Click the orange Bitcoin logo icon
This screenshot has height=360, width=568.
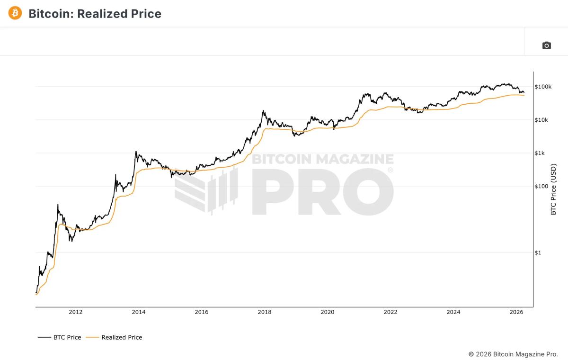click(x=15, y=13)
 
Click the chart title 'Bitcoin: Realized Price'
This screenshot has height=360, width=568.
click(x=95, y=14)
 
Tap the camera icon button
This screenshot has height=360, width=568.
click(x=546, y=45)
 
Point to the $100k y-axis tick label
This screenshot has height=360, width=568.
click(x=543, y=87)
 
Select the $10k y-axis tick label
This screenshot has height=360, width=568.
click(x=541, y=120)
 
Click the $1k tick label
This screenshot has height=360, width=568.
click(x=540, y=153)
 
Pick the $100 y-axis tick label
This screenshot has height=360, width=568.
click(x=541, y=186)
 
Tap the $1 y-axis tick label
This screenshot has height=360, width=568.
click(x=538, y=252)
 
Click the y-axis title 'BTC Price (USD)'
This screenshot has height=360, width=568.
click(x=553, y=189)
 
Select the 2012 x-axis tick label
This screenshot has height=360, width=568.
click(x=76, y=312)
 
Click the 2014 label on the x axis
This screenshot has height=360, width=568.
click(x=139, y=312)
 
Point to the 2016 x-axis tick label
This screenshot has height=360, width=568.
click(x=202, y=312)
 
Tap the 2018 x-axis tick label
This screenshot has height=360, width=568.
click(x=265, y=312)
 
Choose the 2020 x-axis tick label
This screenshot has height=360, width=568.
click(x=328, y=312)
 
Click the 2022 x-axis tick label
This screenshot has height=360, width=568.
click(x=390, y=312)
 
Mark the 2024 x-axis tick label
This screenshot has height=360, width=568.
click(x=453, y=312)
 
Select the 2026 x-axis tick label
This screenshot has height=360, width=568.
click(x=516, y=312)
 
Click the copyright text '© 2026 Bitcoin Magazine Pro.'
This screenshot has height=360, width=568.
click(x=513, y=354)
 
